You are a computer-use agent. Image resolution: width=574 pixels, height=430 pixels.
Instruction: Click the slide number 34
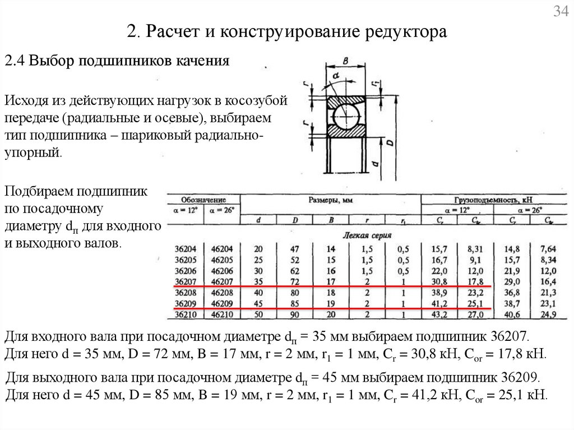click(x=561, y=12)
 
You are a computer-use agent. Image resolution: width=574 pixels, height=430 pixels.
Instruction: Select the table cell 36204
click(x=187, y=249)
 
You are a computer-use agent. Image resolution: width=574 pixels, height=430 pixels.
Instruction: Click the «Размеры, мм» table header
click(x=330, y=200)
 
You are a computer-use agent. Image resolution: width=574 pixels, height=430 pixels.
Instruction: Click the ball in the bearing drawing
click(x=347, y=117)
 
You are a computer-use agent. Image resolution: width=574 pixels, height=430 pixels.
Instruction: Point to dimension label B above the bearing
click(x=346, y=61)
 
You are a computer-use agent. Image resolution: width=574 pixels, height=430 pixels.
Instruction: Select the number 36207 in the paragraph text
click(x=507, y=337)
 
